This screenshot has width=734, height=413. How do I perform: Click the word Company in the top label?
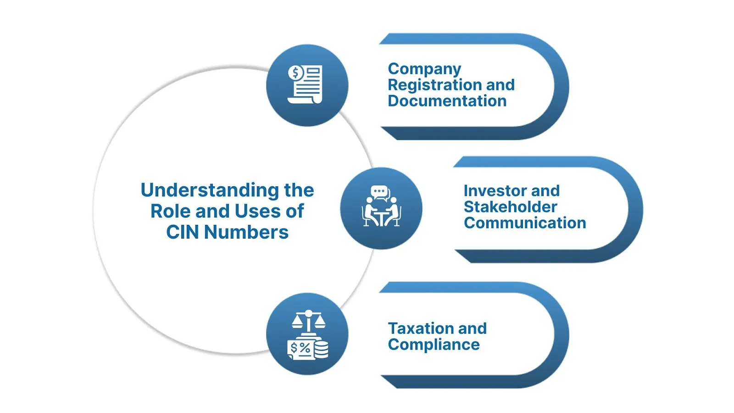(424, 69)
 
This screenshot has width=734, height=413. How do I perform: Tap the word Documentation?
(447, 101)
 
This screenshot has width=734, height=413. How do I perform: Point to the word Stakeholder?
(510, 206)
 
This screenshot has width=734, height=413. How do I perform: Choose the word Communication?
(525, 223)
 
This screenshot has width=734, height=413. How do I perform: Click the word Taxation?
(420, 329)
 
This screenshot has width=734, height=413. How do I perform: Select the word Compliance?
(434, 345)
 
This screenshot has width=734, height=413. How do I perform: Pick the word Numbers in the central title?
(246, 232)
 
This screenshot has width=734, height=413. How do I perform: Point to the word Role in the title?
(170, 211)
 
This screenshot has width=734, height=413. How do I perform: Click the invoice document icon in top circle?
(308, 85)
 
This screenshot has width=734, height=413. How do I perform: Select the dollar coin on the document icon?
(295, 73)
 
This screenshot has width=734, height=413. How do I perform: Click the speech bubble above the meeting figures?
(379, 191)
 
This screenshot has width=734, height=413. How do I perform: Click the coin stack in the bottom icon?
(321, 349)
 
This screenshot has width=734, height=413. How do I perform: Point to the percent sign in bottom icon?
(305, 348)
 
